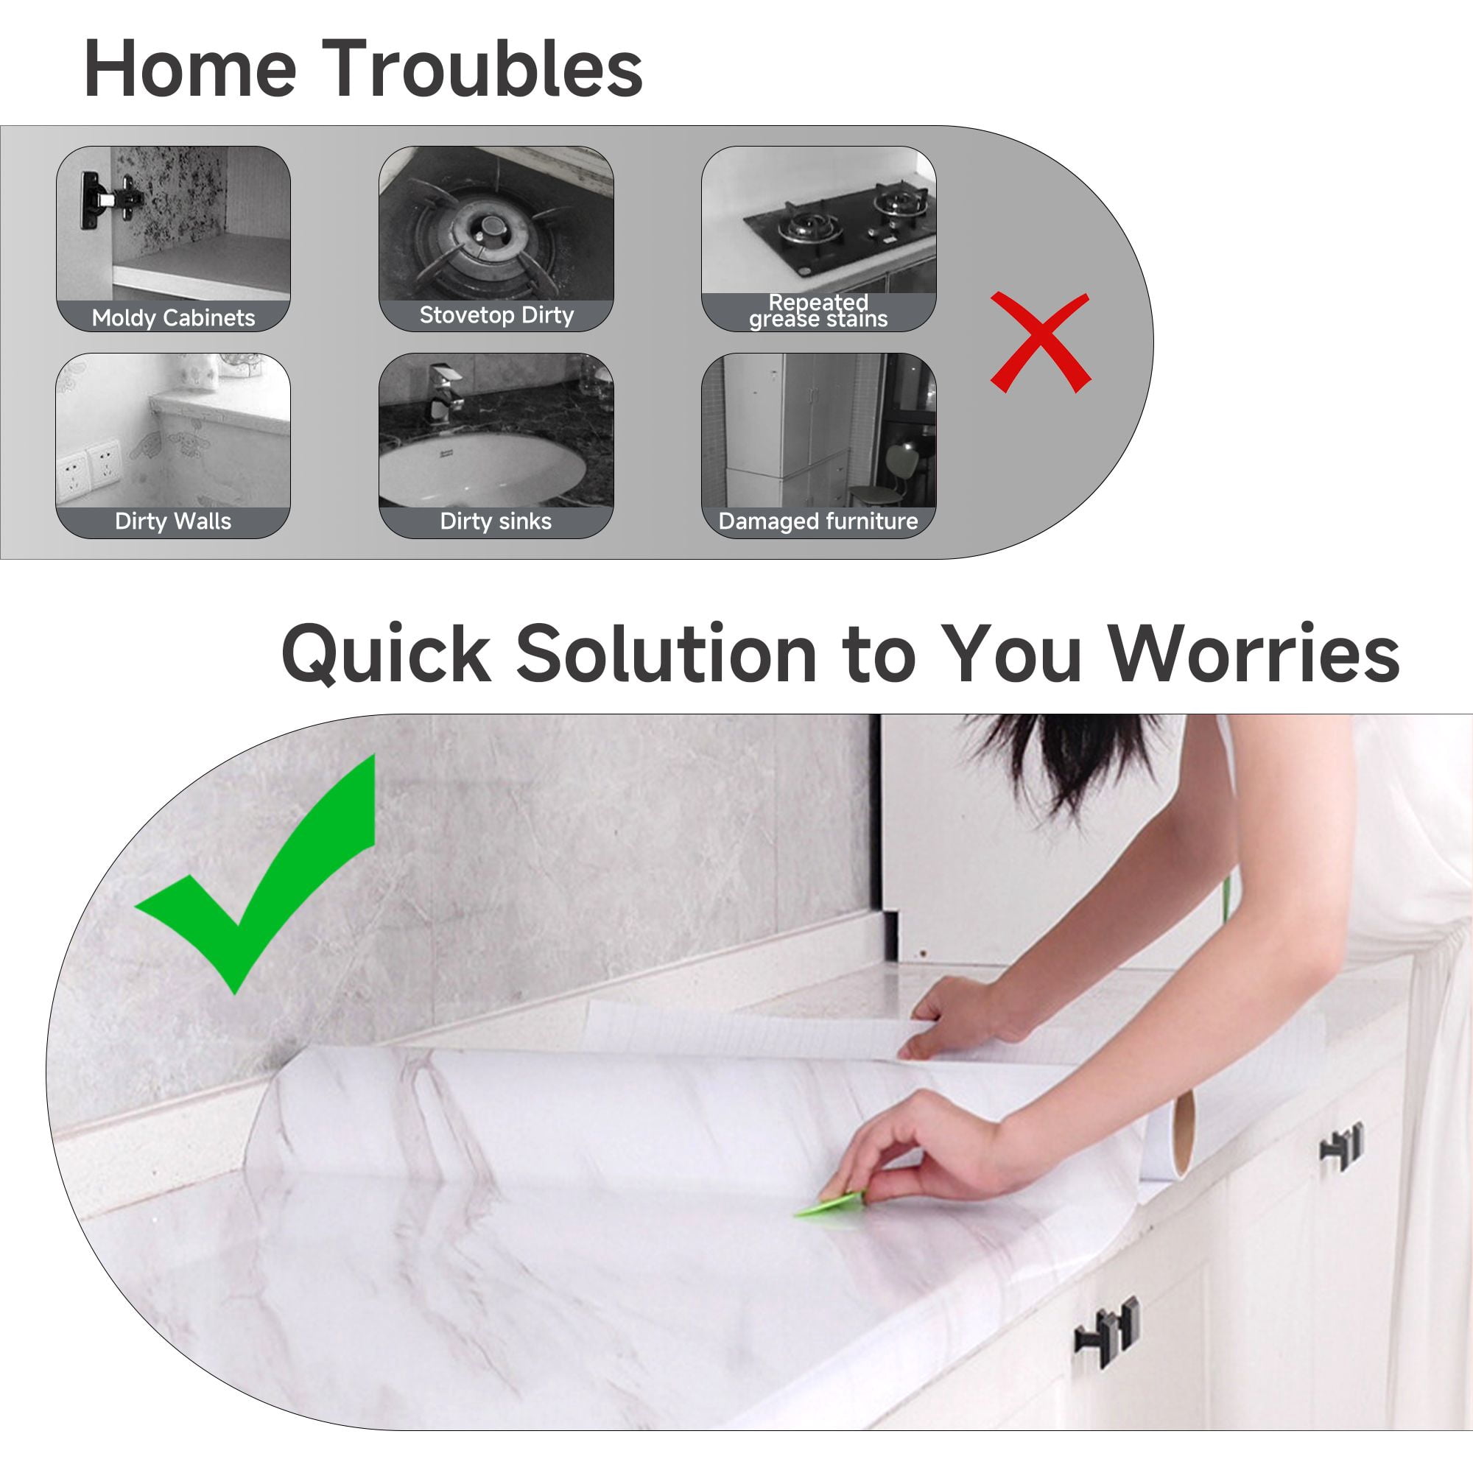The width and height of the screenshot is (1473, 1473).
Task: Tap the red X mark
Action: [x=1040, y=342]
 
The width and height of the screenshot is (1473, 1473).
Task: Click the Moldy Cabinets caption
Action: [x=173, y=317]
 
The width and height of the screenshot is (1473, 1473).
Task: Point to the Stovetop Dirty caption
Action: [x=496, y=315]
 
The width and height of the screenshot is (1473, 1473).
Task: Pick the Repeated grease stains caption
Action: [x=818, y=310]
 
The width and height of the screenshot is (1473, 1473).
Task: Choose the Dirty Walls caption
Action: [x=173, y=521]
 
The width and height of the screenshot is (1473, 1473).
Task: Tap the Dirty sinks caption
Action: [x=496, y=521]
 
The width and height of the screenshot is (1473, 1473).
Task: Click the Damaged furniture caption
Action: [x=818, y=521]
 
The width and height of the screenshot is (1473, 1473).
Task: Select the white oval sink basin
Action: [x=482, y=468]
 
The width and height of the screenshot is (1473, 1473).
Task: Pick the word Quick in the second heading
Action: [x=387, y=654]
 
